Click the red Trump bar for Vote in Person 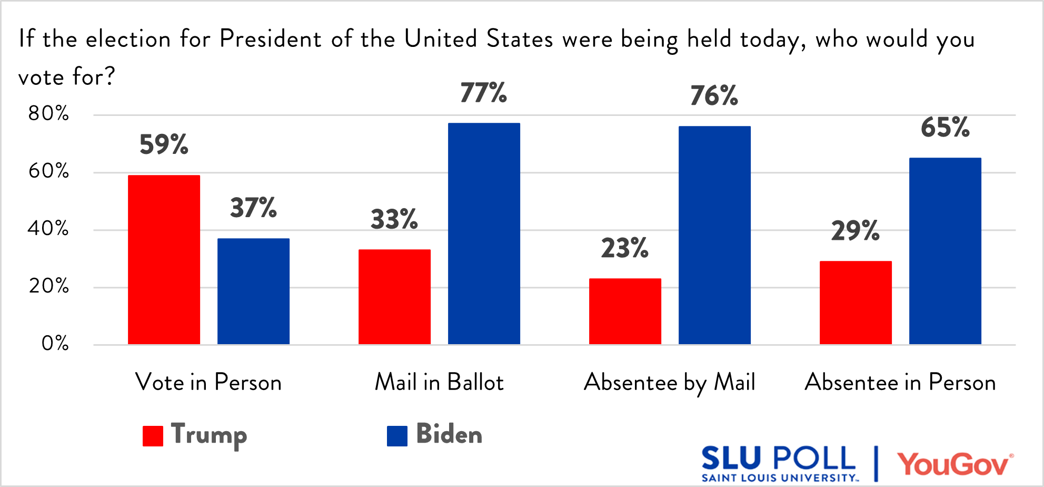coord(164,260)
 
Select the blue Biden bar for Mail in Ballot coord(484,233)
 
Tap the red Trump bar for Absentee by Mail coord(625,311)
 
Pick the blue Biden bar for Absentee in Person coord(945,251)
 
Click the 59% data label coord(164,144)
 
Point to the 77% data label coord(483,93)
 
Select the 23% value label coord(624,248)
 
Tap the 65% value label coord(945,128)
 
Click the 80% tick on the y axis coord(48,113)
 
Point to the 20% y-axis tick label coord(48,286)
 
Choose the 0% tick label coord(55,344)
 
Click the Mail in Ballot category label coord(439,382)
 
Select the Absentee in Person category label coord(900,382)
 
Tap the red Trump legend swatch coord(153,436)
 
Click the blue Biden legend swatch coord(397,436)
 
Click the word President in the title coord(270,39)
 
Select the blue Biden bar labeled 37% coord(253,291)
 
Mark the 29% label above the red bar coord(855,231)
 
